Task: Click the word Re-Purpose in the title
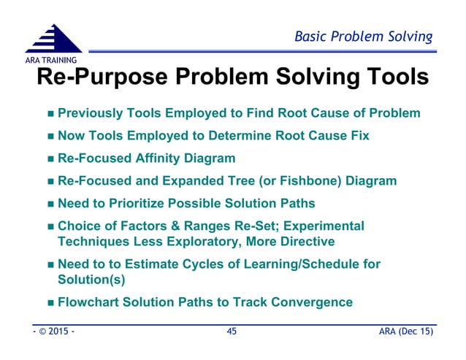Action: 106,77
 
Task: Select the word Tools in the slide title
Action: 390,77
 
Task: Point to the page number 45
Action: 232,332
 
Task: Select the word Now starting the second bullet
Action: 71,135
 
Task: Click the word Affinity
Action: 169,158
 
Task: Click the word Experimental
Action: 326,226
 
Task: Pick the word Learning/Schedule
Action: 297,264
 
